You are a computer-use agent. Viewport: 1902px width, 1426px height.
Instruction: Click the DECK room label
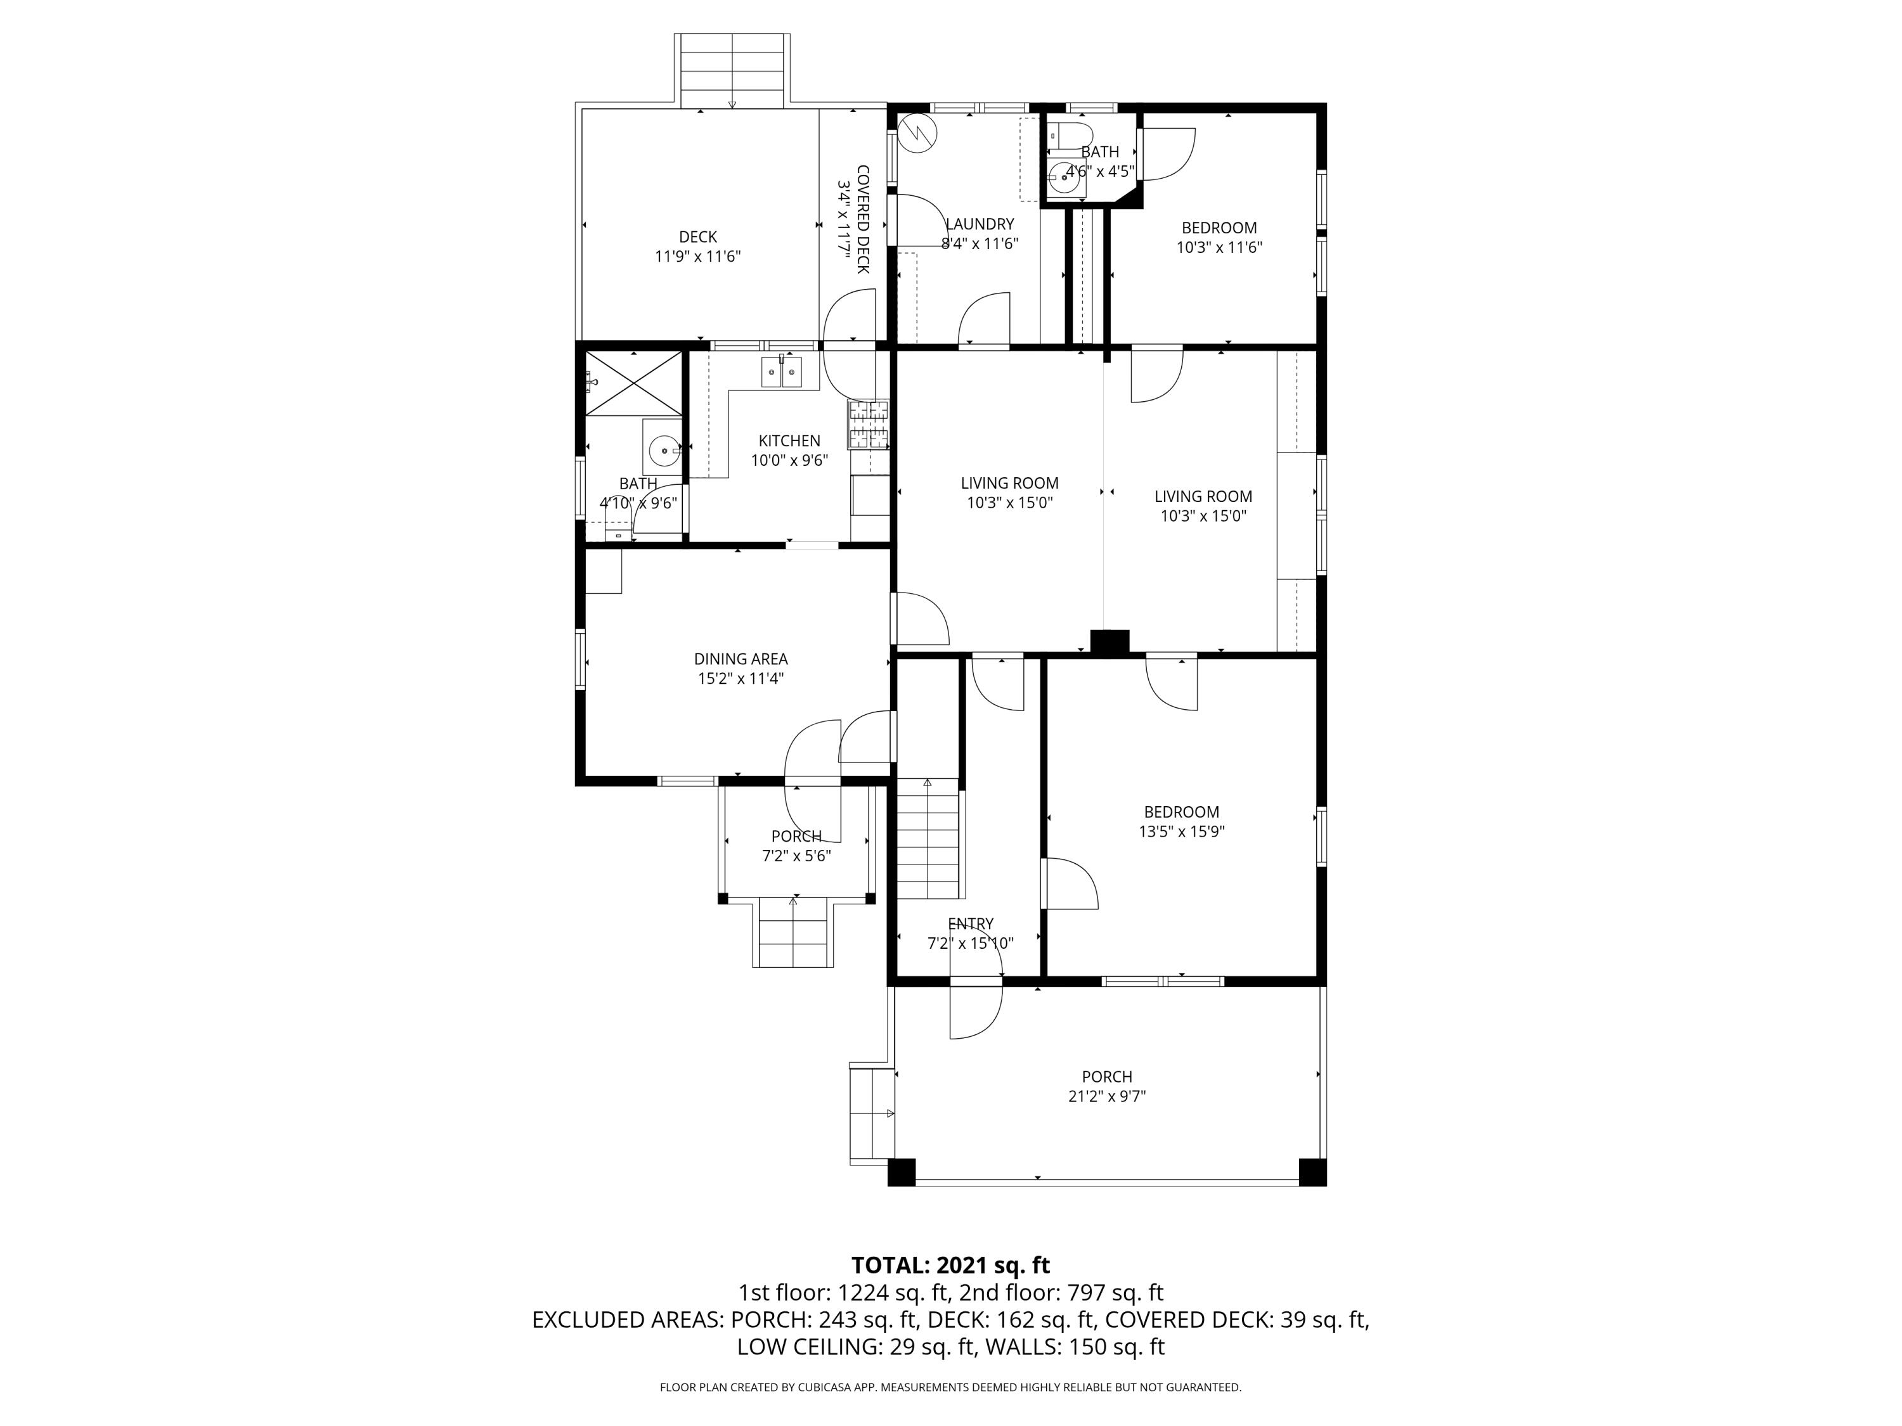click(697, 236)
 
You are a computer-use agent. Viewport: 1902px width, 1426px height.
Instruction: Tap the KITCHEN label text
click(789, 441)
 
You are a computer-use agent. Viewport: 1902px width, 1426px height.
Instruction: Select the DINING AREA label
click(741, 659)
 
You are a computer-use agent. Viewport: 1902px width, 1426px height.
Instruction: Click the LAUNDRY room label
click(980, 224)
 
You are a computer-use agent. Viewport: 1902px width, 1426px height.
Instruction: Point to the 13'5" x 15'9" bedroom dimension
click(1181, 831)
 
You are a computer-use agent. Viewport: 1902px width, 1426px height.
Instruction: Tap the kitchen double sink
click(782, 372)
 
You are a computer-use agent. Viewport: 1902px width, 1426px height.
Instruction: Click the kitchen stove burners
click(869, 425)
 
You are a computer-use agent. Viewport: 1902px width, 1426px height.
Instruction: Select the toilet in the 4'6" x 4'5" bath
click(1071, 135)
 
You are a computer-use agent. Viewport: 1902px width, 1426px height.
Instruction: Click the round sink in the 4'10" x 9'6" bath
click(663, 449)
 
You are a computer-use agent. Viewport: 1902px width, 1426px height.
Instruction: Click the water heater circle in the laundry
click(918, 133)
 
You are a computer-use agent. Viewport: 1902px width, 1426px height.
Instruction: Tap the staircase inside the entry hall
click(928, 838)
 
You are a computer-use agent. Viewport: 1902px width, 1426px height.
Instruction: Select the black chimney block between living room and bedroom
click(1109, 642)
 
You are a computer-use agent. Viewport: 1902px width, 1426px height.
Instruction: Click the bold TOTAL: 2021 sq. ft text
click(950, 1265)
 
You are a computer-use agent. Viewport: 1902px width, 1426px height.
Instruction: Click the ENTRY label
click(970, 924)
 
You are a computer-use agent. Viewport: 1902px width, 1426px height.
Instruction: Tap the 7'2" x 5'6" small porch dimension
click(796, 856)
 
